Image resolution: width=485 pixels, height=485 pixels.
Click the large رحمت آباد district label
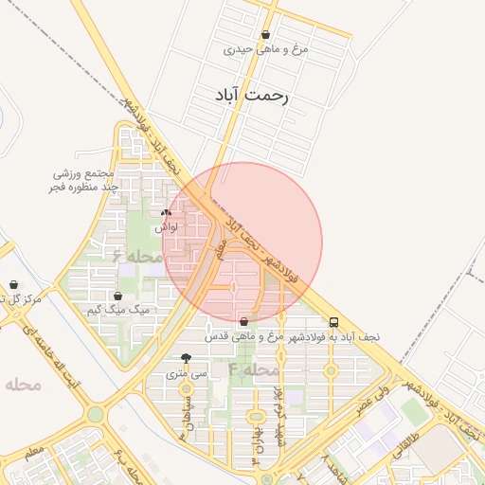[252, 96]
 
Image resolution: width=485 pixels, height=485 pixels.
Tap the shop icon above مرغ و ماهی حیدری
[266, 35]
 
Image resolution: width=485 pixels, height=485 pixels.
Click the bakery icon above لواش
[167, 213]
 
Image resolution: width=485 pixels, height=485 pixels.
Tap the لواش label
[166, 227]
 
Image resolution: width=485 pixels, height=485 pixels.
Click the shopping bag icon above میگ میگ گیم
[117, 296]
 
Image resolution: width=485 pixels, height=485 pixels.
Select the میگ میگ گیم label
[118, 310]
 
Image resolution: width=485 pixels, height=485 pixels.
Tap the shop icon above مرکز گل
[13, 284]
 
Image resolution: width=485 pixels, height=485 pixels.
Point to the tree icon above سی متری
[185, 359]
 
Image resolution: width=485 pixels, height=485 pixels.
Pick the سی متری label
[186, 373]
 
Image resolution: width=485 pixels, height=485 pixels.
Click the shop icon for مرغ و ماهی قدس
[245, 322]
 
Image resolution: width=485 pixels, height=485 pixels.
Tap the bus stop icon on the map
[332, 322]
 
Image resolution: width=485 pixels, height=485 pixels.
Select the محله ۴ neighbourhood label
[253, 368]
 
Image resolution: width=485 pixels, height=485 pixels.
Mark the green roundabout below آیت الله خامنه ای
[95, 414]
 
